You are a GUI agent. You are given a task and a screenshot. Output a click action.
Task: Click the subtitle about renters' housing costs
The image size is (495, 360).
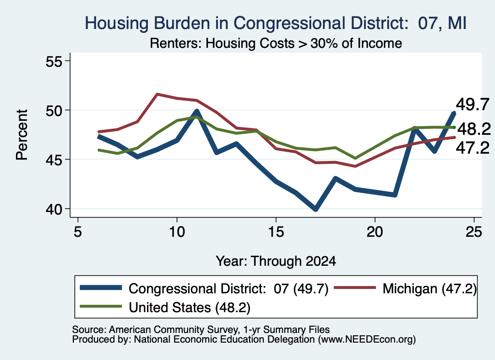click(x=276, y=43)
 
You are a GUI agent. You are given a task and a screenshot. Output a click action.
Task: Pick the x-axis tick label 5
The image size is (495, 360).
click(x=78, y=232)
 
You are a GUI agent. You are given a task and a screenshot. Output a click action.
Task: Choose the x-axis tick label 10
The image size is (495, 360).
click(x=177, y=232)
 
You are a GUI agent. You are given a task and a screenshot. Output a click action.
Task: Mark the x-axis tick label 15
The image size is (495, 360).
click(x=276, y=232)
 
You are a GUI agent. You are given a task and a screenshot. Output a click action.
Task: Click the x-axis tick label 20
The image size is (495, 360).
click(x=375, y=232)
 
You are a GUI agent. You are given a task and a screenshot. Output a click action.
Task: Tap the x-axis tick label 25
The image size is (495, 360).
click(x=474, y=232)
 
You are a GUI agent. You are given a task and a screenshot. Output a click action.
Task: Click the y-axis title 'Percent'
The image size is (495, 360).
click(x=22, y=135)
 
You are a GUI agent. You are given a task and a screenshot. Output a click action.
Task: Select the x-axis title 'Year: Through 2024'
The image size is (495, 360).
click(x=276, y=261)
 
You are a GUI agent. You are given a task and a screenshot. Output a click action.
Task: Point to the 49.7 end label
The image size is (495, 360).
click(x=473, y=104)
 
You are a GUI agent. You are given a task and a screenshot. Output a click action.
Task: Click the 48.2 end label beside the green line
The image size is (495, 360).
click(x=474, y=129)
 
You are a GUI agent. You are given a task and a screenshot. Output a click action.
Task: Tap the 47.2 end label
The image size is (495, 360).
click(x=473, y=148)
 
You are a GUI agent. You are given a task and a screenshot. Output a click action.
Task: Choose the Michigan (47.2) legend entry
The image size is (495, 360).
click(x=406, y=288)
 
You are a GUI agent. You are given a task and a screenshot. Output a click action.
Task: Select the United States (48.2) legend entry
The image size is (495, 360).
click(x=165, y=307)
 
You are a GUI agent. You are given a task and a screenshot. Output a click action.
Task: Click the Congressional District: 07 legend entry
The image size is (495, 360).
click(x=204, y=288)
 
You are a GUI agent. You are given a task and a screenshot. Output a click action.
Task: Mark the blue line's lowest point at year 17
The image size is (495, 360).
click(x=315, y=209)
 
